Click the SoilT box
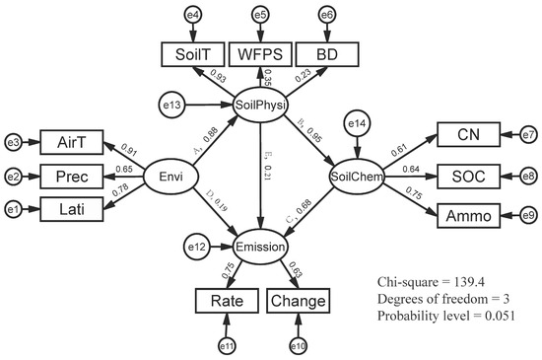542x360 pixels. (x=193, y=54)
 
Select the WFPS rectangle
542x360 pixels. (x=260, y=54)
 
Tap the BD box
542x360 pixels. (x=327, y=54)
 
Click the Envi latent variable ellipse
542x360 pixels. (x=170, y=177)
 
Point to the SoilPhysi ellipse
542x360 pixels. (x=260, y=105)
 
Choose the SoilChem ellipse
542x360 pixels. (x=357, y=177)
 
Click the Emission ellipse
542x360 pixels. (x=260, y=247)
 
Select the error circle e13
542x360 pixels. (x=171, y=105)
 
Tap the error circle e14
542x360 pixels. (x=357, y=123)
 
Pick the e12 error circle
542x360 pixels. (x=197, y=247)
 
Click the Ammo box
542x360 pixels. (x=468, y=216)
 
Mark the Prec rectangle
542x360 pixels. (x=72, y=177)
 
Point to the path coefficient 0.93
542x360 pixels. (x=218, y=76)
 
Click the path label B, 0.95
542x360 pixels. (x=309, y=130)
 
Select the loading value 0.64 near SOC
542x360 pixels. (x=411, y=169)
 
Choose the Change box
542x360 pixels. (x=299, y=301)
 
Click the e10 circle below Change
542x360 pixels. (x=298, y=346)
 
